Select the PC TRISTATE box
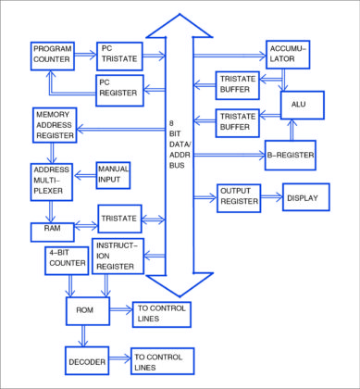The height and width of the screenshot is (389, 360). (119, 55)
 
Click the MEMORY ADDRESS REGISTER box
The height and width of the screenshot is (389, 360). (58, 125)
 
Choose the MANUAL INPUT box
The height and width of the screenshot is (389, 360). (114, 173)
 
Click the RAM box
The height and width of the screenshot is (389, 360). (52, 227)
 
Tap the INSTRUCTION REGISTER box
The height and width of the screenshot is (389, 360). (118, 255)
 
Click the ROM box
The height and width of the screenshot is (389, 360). (86, 311)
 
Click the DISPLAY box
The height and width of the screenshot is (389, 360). (306, 198)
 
